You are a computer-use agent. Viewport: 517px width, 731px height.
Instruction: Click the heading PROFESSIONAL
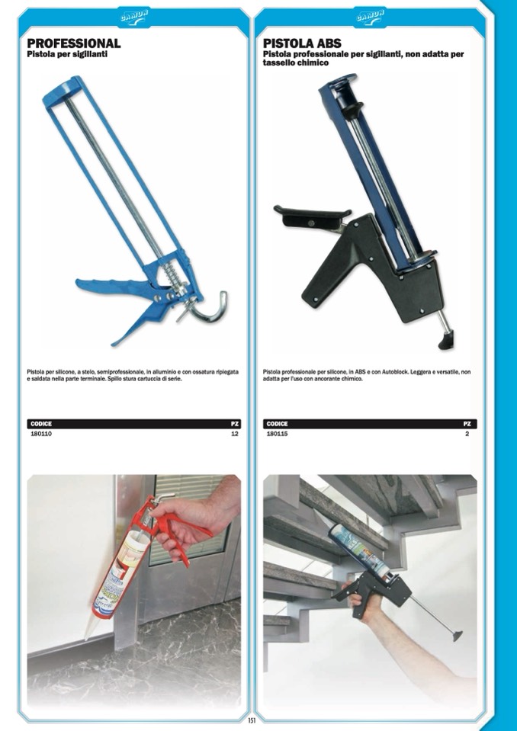click(74, 43)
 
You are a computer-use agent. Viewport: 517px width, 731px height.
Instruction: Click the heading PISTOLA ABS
click(302, 43)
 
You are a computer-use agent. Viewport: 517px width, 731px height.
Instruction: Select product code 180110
click(41, 434)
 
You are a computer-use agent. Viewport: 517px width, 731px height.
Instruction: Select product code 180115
click(277, 434)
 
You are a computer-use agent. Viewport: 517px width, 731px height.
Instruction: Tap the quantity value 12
click(235, 434)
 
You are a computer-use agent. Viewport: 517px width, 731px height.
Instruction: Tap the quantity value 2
click(467, 434)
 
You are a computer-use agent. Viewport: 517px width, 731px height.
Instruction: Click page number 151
click(252, 720)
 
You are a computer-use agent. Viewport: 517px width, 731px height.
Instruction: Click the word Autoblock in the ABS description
click(395, 373)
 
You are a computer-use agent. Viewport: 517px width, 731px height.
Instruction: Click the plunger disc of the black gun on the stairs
click(455, 635)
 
